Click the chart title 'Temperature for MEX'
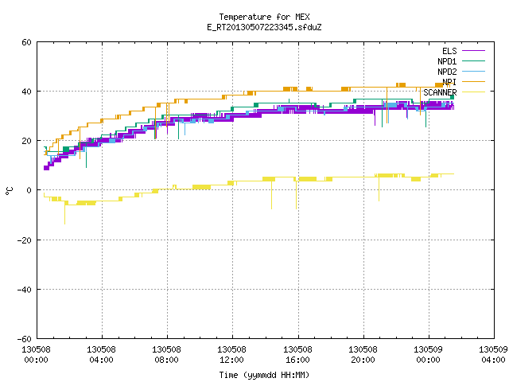click(264, 17)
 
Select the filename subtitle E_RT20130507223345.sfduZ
click(264, 27)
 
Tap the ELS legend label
click(449, 51)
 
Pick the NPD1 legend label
click(447, 61)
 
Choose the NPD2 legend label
click(447, 72)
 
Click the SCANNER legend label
click(440, 92)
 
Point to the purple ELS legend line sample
click(474, 51)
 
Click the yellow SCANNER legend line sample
click(474, 92)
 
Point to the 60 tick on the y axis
click(26, 42)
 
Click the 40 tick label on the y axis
click(26, 92)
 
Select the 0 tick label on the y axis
click(29, 190)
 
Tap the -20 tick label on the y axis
click(25, 240)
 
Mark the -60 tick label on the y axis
click(25, 339)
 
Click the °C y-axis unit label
click(9, 191)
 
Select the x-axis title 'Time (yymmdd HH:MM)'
click(264, 375)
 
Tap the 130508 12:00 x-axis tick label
click(231, 355)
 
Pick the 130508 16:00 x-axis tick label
click(297, 355)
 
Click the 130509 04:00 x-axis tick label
click(493, 355)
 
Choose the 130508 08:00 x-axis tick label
click(166, 355)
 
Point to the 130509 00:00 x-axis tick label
click(428, 355)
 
